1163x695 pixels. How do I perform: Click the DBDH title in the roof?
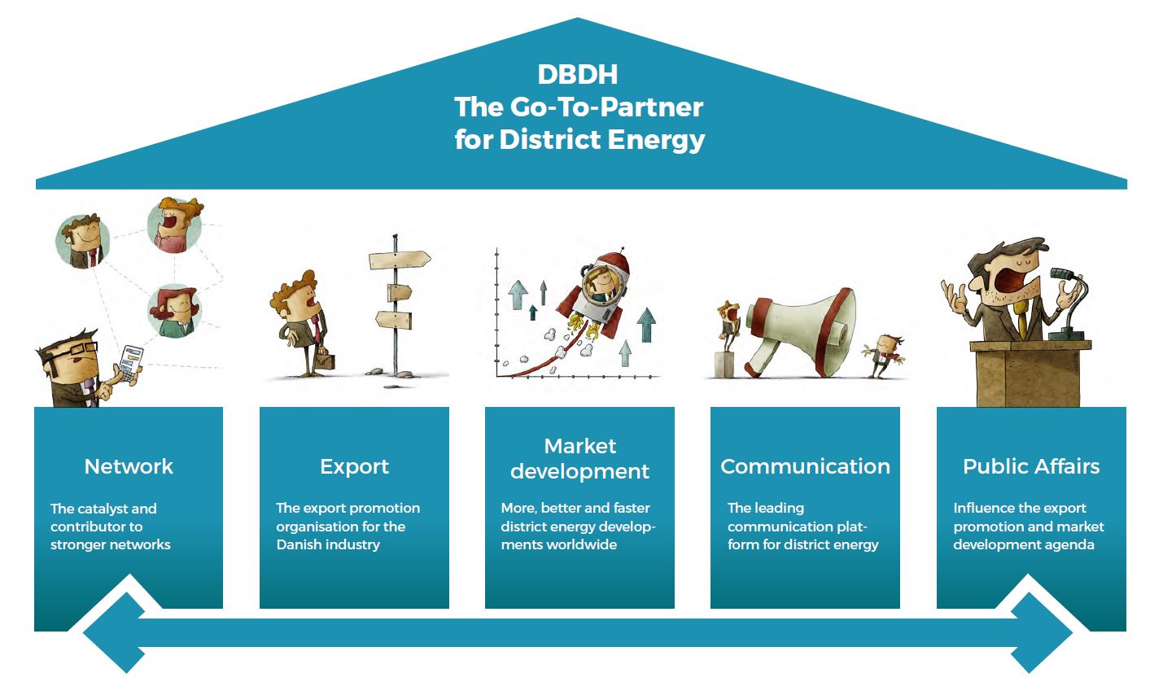click(x=578, y=74)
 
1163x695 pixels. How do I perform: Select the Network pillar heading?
click(x=129, y=466)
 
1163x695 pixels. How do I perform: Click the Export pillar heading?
click(x=354, y=466)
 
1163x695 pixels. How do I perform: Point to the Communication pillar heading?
click(x=805, y=466)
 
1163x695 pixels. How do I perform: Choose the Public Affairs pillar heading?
click(x=1030, y=466)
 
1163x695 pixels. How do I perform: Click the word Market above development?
click(x=579, y=446)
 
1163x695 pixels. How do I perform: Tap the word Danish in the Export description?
click(x=298, y=544)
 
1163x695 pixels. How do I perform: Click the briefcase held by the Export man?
click(x=322, y=358)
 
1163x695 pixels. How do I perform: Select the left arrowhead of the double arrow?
click(x=114, y=632)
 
